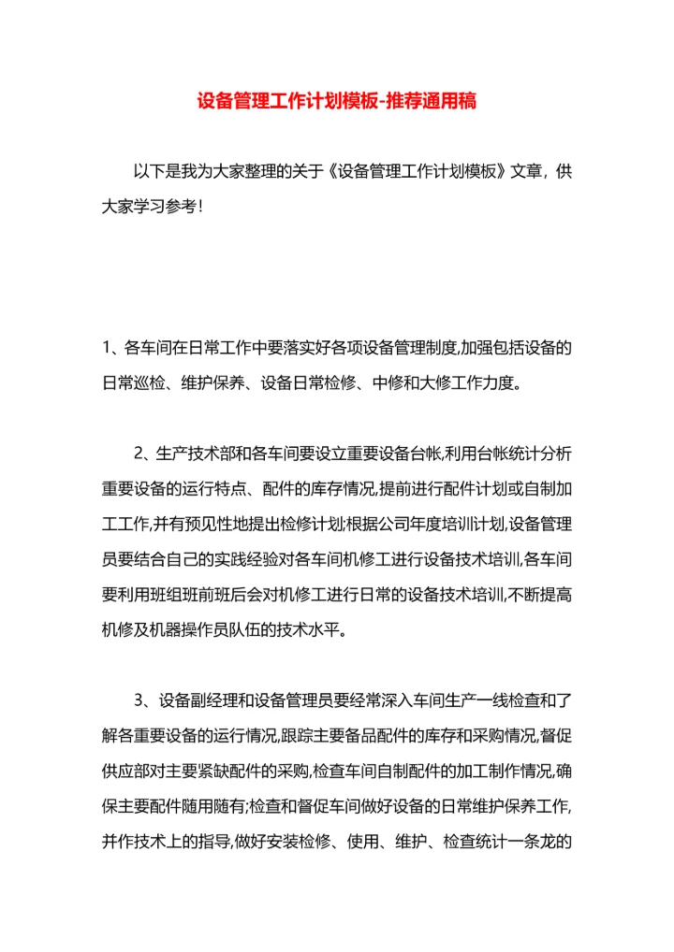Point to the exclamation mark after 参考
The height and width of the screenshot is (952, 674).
point(199,207)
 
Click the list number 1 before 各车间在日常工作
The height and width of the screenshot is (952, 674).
point(108,349)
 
